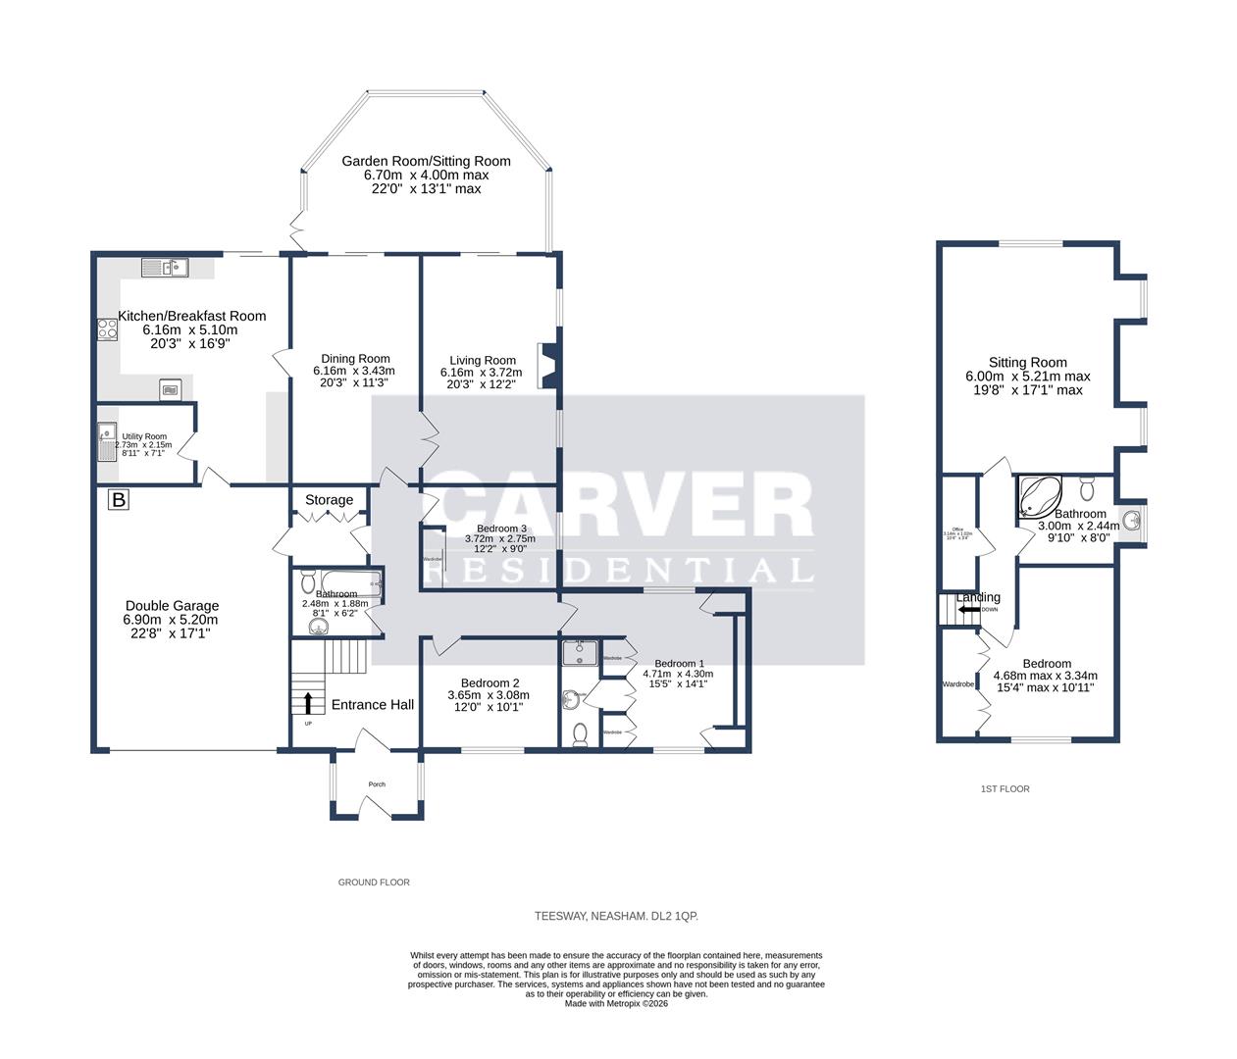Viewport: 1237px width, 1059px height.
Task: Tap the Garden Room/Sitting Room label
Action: point(426,161)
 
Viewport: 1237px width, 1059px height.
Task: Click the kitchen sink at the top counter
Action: point(164,266)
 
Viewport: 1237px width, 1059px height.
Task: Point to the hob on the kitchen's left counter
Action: point(108,329)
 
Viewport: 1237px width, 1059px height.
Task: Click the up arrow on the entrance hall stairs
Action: point(310,702)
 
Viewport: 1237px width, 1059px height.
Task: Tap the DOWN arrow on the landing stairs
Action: point(969,609)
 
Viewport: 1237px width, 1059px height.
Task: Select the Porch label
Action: point(377,784)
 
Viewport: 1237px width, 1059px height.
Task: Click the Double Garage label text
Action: point(172,606)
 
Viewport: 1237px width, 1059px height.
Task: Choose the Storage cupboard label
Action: point(329,500)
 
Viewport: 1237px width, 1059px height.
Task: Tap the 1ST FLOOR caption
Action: point(1005,788)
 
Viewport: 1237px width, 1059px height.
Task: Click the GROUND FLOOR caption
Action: point(374,882)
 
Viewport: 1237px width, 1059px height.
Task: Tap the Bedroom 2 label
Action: point(490,683)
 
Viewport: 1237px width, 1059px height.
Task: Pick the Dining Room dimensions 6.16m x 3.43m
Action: point(353,371)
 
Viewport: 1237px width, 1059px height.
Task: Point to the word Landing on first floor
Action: point(978,597)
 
